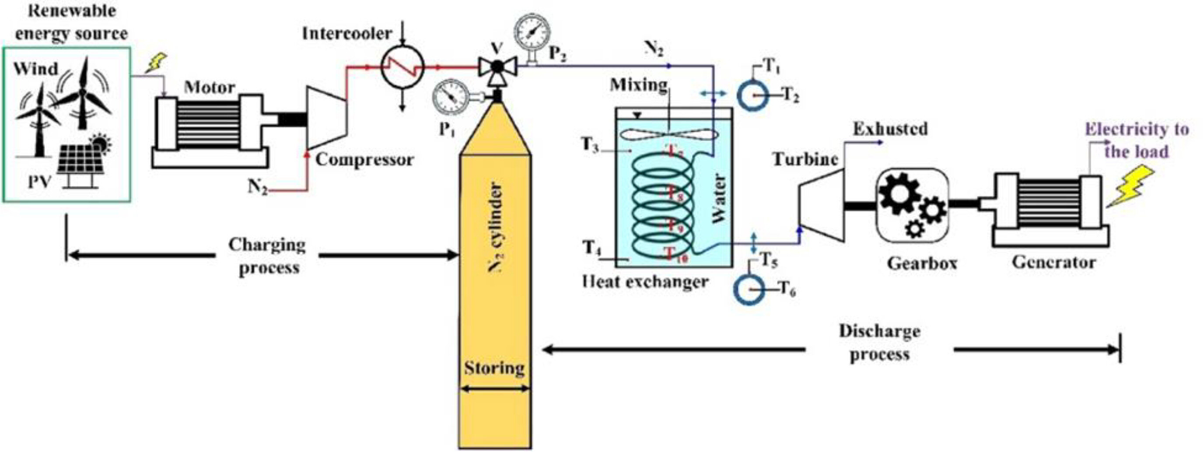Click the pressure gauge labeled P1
click(450, 97)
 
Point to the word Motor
click(209, 88)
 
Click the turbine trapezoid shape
click(821, 206)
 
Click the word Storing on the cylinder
click(494, 368)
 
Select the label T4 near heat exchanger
click(591, 246)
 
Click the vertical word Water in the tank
click(720, 199)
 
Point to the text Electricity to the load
click(1137, 140)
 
